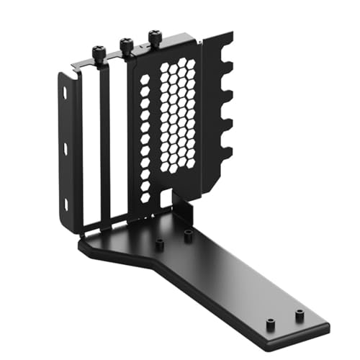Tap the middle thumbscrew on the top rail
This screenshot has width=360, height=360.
pos(125,46)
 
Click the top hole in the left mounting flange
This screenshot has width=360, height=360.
pos(64,94)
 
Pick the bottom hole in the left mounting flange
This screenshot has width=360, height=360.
pos(66,205)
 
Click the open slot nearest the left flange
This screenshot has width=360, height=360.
pos(91,144)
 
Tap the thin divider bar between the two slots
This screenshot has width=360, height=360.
pos(105,144)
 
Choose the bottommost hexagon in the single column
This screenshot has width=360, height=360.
pos(146,197)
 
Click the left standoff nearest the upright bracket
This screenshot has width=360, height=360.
pos(160,245)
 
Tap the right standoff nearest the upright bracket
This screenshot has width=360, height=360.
pos(188,234)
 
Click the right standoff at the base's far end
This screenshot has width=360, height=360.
pos(298,315)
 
